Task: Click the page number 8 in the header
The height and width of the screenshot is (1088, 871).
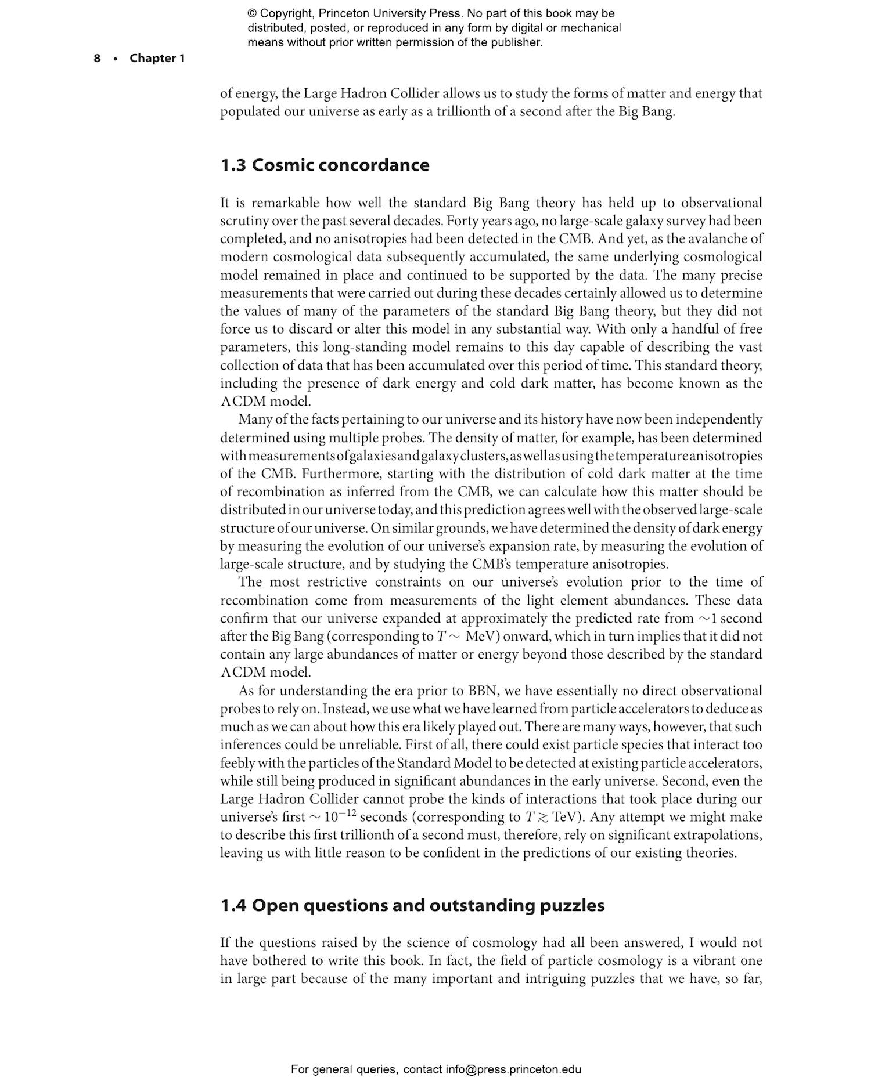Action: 97,58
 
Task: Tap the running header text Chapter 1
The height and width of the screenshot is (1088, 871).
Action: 157,58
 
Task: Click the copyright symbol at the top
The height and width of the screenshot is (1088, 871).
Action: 252,13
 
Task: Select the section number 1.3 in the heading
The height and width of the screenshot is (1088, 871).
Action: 233,165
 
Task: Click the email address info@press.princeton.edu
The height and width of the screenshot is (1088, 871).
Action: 513,1069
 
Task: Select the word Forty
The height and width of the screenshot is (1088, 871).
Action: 462,221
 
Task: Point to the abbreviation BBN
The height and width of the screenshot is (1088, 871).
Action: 482,691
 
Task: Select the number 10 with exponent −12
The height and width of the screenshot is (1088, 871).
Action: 339,818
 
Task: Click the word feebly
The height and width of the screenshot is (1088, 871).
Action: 237,763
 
